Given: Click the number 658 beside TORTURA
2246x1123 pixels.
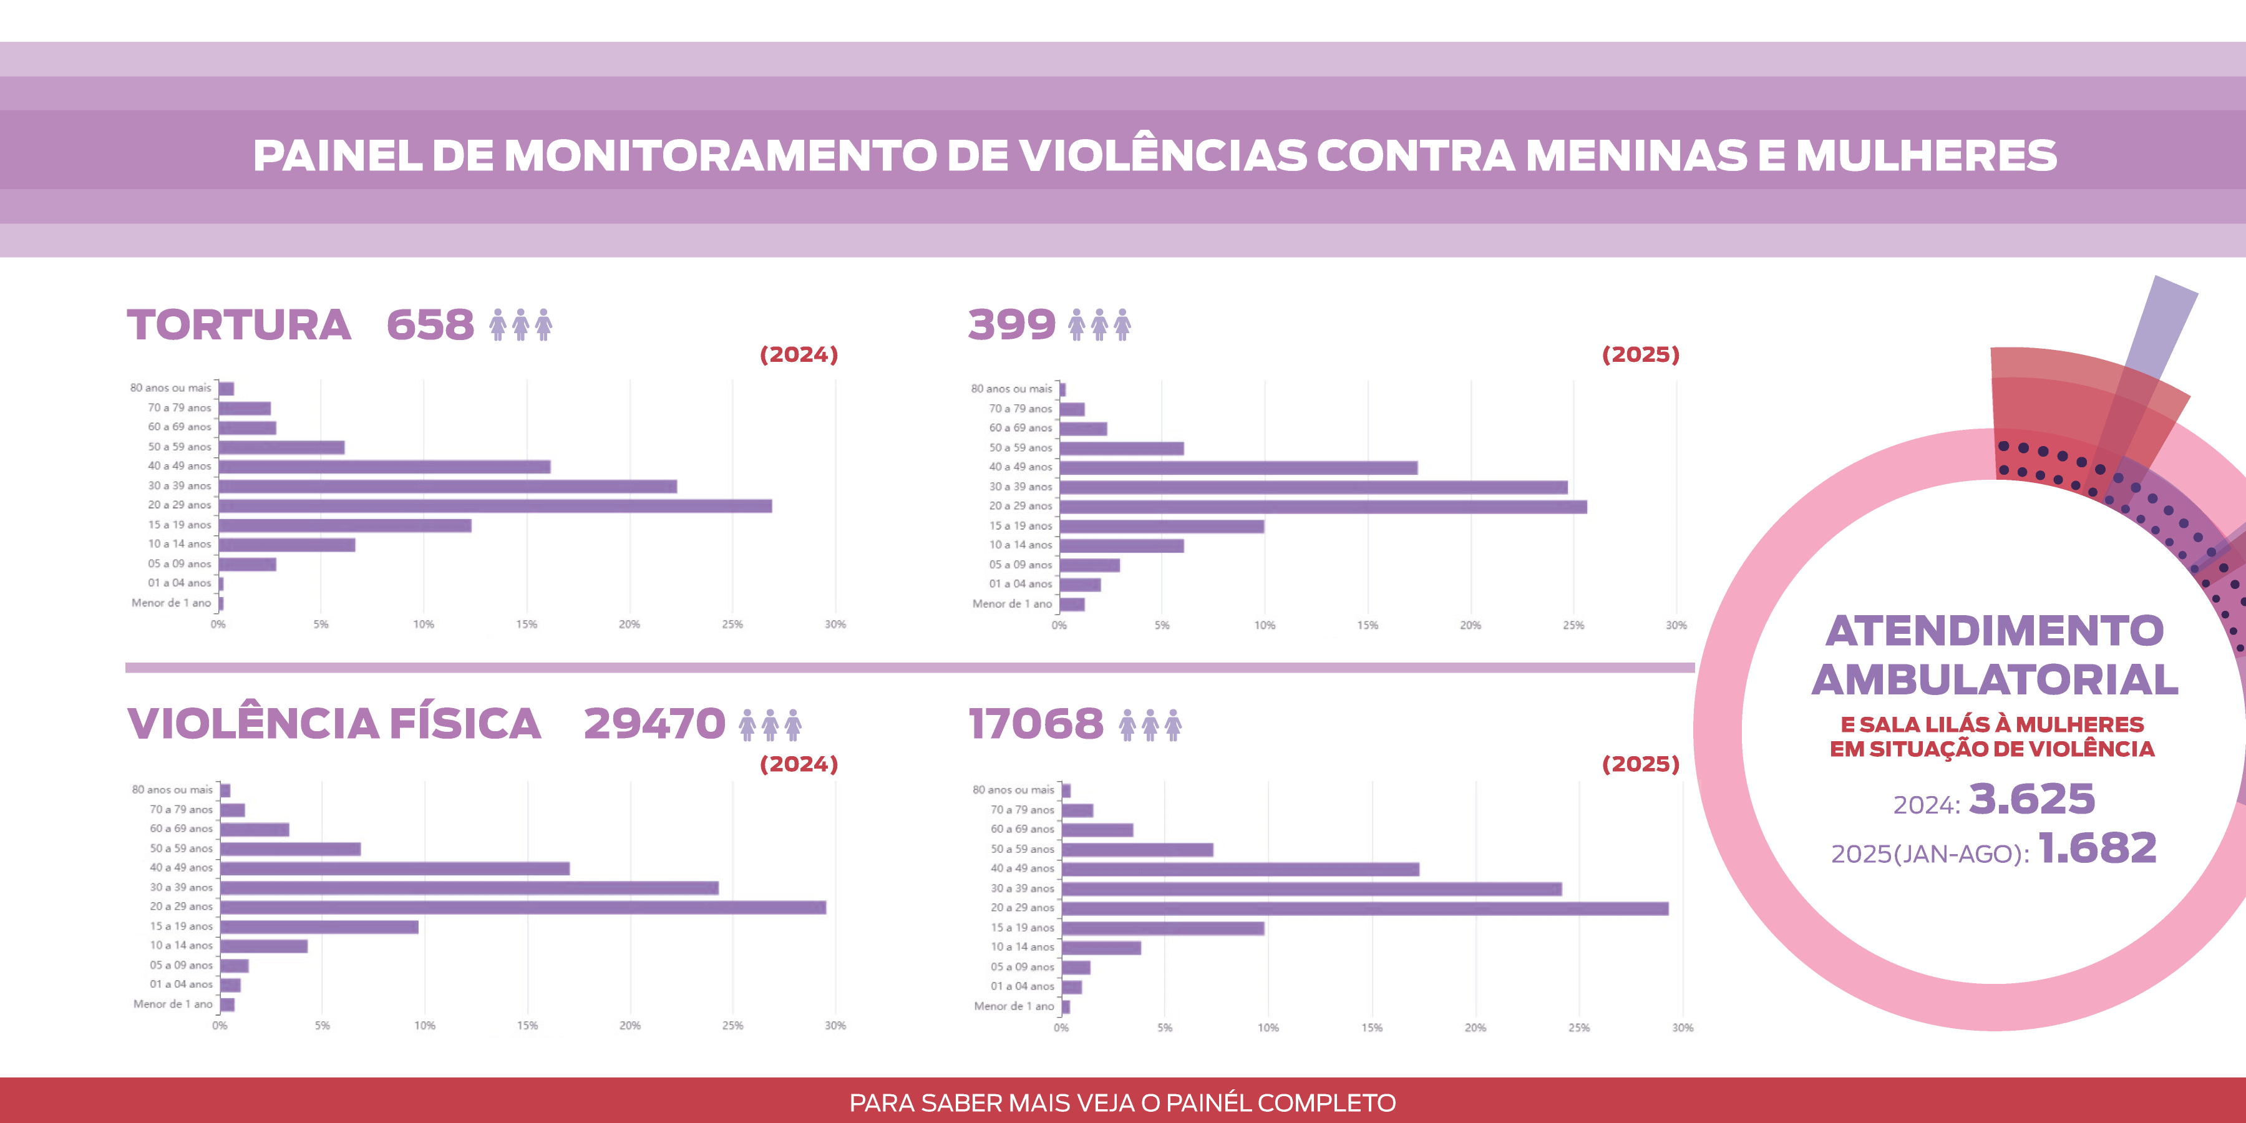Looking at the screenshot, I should (430, 325).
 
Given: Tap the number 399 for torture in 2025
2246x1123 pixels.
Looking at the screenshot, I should (1011, 325).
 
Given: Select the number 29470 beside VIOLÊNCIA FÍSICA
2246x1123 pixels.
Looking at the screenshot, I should (654, 724).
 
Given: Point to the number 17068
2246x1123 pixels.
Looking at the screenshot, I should (1036, 724).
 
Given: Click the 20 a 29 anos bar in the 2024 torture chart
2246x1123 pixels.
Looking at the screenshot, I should (495, 506).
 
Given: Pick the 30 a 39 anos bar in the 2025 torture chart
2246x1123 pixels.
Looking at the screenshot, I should (1313, 487).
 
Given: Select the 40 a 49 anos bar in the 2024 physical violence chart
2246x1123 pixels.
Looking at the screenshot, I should (395, 868).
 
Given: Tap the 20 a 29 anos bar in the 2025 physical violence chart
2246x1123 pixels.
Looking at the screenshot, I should (1364, 908).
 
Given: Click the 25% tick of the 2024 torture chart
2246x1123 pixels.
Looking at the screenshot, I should (732, 625).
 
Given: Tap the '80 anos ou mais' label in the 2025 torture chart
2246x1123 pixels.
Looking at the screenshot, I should (1011, 389).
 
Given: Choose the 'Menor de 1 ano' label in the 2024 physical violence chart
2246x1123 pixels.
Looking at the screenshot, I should (173, 1004).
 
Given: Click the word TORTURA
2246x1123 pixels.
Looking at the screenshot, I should (239, 325).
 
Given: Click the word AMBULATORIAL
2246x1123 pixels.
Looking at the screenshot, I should (1995, 680).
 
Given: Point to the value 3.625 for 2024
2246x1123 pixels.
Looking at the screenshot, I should (2031, 799).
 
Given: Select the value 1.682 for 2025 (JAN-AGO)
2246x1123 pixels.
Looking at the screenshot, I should (2097, 848).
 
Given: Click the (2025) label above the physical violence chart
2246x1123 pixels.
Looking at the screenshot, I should (1640, 764).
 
